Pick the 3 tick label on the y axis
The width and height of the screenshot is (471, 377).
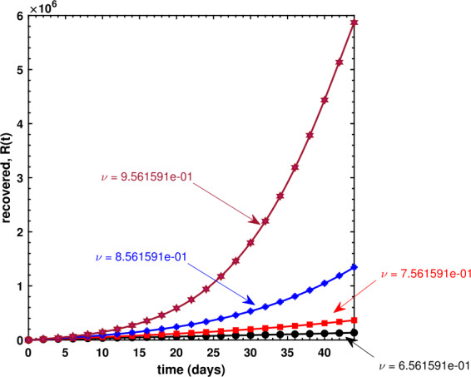[x=19, y=178]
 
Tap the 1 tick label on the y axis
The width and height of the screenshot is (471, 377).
[x=19, y=286]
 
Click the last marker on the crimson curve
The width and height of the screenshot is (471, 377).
[x=354, y=22]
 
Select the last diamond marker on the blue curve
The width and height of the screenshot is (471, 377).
[x=354, y=267]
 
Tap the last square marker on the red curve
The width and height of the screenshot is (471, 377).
[x=354, y=320]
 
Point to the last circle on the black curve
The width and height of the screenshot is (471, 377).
[x=354, y=333]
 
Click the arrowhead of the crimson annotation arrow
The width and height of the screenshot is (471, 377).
[x=260, y=221]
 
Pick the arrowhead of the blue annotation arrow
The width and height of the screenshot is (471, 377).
[x=250, y=301]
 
